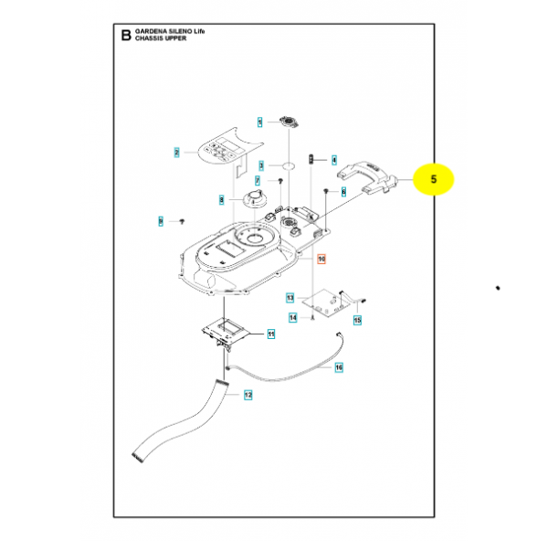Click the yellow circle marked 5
(x=435, y=180)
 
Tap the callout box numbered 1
(x=259, y=122)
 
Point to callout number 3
(x=260, y=166)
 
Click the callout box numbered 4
(x=334, y=158)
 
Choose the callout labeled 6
(x=343, y=191)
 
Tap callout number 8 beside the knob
(x=221, y=199)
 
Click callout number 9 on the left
(x=161, y=221)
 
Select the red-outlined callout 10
(x=321, y=260)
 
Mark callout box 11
(x=270, y=335)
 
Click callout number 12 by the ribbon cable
(x=248, y=395)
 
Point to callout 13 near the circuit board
(x=290, y=298)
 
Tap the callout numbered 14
(x=293, y=318)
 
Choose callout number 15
(x=357, y=320)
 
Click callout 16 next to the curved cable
(x=338, y=367)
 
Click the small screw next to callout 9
(x=181, y=221)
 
